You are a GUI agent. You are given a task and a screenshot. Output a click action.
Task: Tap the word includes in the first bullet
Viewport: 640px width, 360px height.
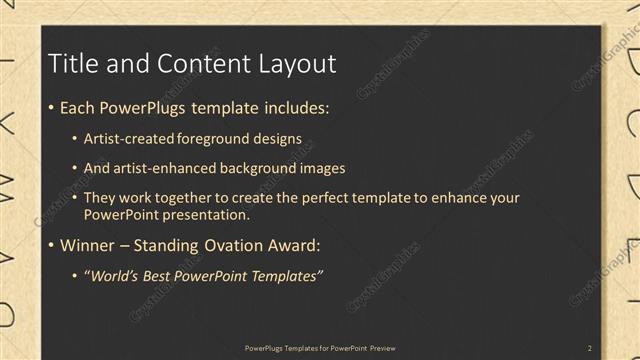292,108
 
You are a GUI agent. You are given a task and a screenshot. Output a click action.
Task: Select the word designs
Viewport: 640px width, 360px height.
276,138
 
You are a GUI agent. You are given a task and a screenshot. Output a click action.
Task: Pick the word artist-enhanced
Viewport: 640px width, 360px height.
164,168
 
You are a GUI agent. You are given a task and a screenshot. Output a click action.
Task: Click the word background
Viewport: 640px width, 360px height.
258,168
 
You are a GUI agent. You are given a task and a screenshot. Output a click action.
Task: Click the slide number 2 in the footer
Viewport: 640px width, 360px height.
589,348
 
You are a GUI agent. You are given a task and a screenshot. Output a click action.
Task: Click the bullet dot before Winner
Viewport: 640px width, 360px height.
52,246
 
